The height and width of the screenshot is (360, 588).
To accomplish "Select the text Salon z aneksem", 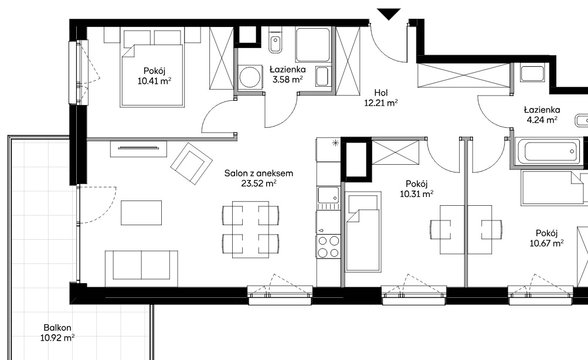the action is point(259,173).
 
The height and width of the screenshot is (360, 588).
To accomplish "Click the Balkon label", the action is point(57,328).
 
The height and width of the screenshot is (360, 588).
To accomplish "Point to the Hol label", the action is point(381,93).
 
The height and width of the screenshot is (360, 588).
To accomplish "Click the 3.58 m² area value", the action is point(288,80).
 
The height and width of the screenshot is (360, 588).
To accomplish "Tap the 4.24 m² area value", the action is point(542,120).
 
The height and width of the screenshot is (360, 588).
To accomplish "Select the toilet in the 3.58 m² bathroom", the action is point(276,40).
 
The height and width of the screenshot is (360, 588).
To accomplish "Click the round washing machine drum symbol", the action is point(250,77).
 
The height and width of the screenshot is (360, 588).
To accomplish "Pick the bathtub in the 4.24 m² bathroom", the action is point(548,151).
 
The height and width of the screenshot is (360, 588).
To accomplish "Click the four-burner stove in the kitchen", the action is point(328,247).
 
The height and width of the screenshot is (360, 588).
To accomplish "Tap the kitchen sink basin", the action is point(328,195).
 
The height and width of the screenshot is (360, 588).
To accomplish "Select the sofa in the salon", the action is point(141,269).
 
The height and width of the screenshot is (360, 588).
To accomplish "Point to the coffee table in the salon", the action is point(141,213).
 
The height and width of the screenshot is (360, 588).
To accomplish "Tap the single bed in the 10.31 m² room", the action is point(363,232).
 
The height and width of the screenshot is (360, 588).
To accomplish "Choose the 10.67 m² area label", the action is point(546,243).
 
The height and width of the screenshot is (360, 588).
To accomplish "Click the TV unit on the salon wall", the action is point(138,148).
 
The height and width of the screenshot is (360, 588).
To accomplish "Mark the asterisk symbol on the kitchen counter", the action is point(335,142).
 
